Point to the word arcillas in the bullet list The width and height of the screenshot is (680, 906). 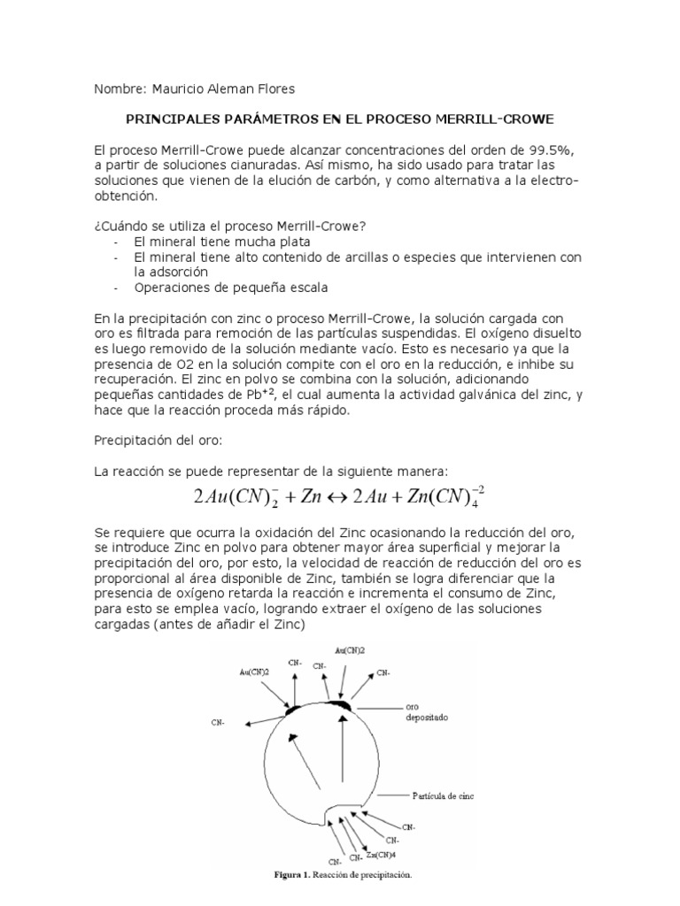point(394,257)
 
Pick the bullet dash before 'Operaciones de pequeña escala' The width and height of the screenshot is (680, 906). point(117,288)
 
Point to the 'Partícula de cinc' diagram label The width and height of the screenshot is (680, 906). point(443,795)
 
